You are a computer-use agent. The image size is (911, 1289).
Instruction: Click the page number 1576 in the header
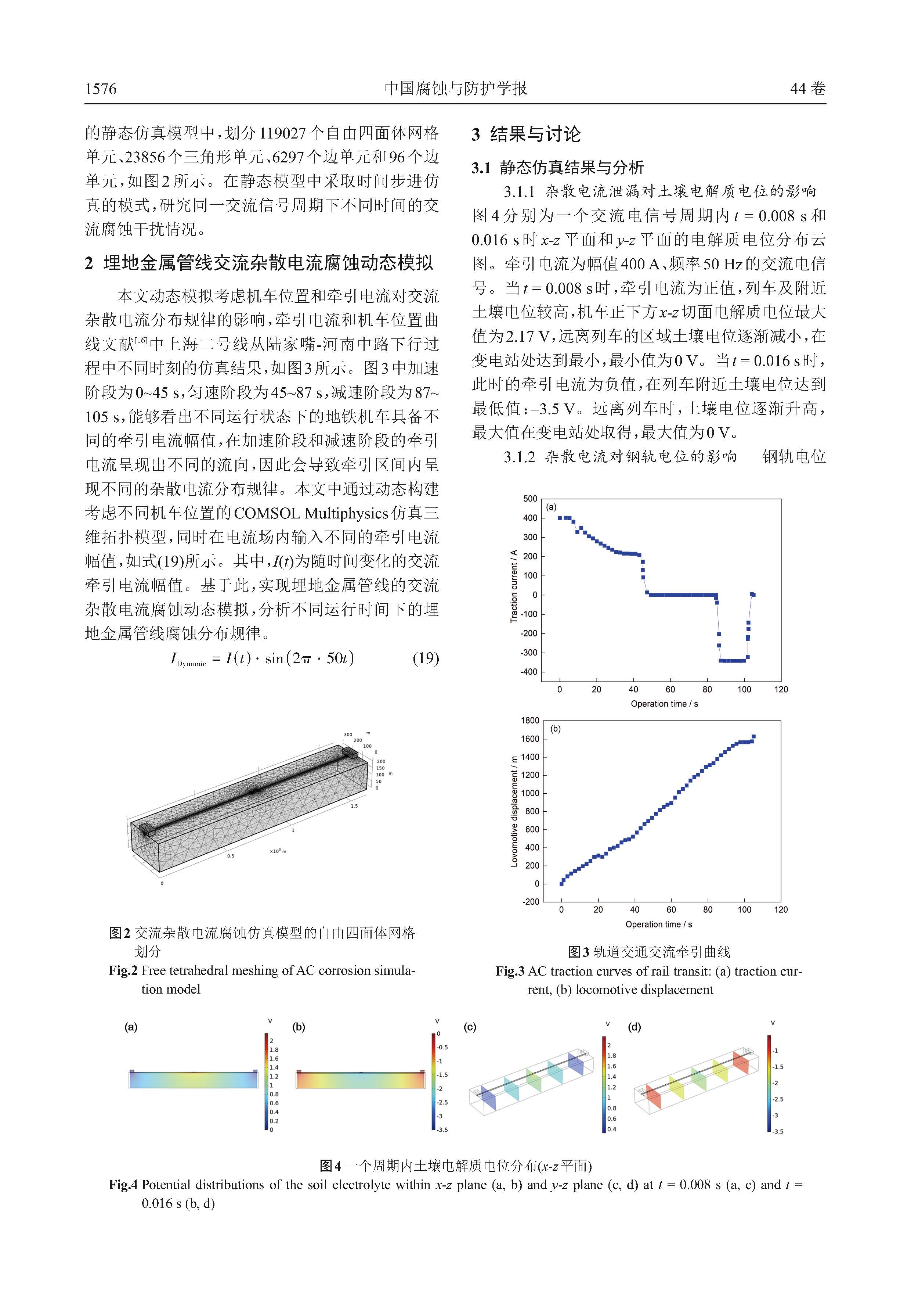101,89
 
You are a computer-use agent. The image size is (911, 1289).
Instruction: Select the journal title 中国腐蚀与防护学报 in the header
455,89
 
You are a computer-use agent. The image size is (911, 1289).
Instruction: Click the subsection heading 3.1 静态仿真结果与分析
557,167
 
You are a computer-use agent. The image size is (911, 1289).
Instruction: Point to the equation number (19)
425,658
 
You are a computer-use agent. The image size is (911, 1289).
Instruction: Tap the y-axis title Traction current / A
513,586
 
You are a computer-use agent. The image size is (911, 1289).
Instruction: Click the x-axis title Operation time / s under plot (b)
659,924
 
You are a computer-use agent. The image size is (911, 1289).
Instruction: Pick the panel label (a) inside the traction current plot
552,507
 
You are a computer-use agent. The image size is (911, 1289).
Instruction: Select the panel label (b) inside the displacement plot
555,729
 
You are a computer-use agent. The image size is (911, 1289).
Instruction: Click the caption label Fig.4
123,1185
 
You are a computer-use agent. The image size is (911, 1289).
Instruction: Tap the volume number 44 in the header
798,89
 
